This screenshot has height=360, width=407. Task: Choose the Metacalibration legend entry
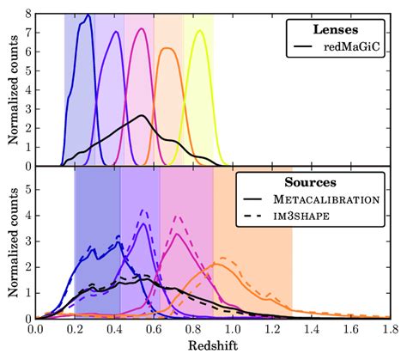pos(340,200)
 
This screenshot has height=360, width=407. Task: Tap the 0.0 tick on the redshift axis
pos(35,328)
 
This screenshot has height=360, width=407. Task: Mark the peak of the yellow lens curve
pos(200,31)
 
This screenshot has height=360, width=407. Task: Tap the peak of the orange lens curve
pos(169,48)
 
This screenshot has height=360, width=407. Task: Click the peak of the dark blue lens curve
pos(86,15)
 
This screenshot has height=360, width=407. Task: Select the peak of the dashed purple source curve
pos(144,210)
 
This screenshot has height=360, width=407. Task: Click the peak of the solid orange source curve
pos(216,265)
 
